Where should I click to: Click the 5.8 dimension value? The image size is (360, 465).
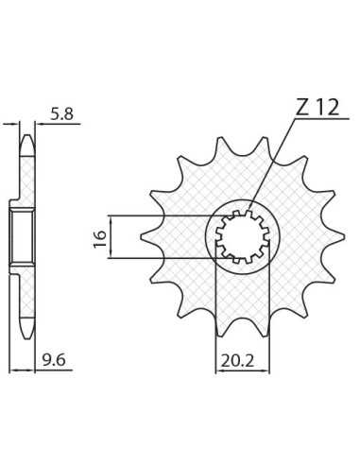pos(62,113)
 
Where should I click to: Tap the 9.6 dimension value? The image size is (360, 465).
pos(54,360)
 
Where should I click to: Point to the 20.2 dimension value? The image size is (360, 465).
pos(237,361)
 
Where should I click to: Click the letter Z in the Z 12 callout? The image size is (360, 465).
pos(302,108)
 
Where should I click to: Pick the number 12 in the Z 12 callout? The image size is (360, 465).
pos(328,108)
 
